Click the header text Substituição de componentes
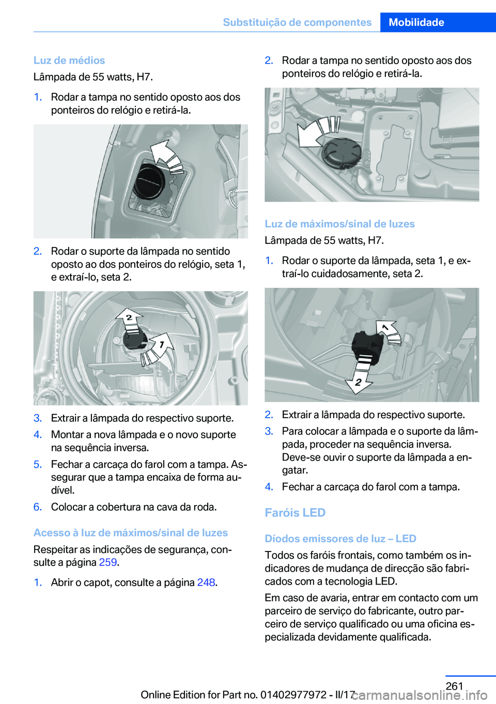point(297,22)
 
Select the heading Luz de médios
point(69,60)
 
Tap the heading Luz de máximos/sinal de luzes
point(339,223)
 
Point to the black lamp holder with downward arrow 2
point(367,345)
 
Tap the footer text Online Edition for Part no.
point(199,695)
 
